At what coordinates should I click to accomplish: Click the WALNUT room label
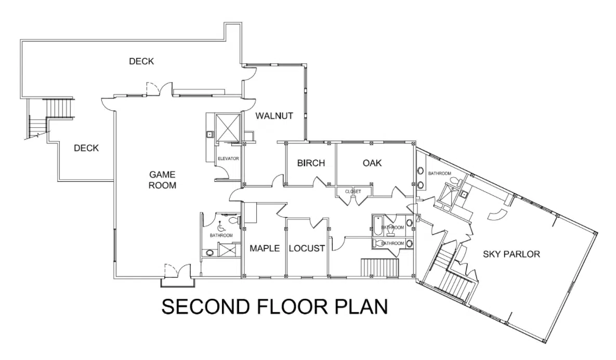(x=274, y=116)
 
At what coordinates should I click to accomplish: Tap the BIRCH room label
(x=311, y=163)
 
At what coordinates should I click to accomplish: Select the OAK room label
(x=372, y=163)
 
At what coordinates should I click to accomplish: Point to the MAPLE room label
(x=265, y=248)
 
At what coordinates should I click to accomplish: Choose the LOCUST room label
(x=307, y=248)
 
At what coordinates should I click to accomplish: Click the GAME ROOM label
(x=162, y=180)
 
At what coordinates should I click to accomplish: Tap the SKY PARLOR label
(x=512, y=255)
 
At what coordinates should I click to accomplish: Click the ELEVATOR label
(x=228, y=158)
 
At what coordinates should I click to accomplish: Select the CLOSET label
(x=353, y=192)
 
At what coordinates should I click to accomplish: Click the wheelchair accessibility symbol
(x=221, y=226)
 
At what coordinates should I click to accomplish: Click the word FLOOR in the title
(x=292, y=306)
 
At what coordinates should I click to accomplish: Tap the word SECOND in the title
(x=205, y=306)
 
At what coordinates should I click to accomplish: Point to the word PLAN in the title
(x=361, y=306)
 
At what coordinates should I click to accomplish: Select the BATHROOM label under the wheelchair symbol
(x=221, y=235)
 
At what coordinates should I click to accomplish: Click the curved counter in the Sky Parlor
(x=497, y=215)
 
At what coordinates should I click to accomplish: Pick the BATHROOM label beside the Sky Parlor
(x=440, y=173)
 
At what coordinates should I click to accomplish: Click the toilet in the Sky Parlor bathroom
(x=456, y=182)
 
